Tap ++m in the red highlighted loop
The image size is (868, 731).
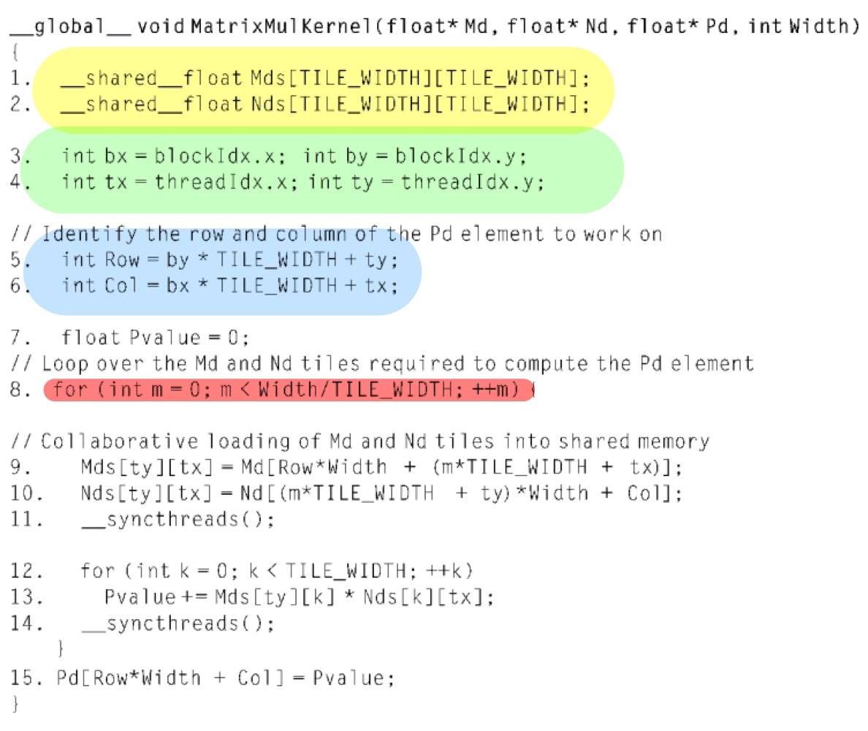coord(503,390)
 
